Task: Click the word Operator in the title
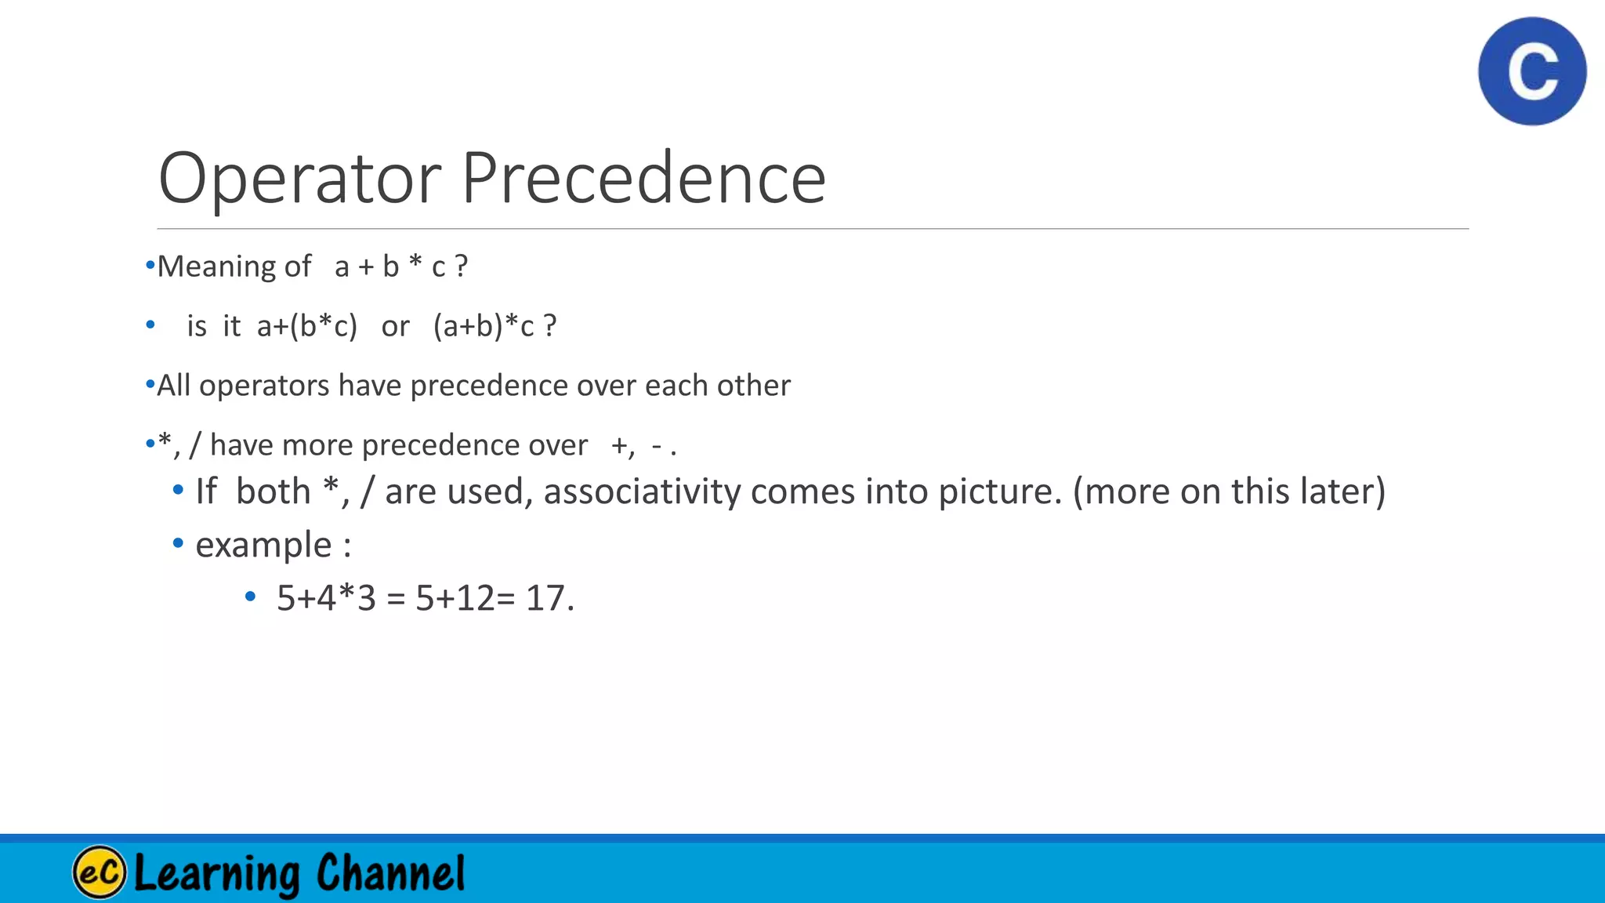click(x=299, y=179)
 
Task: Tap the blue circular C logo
click(x=1532, y=71)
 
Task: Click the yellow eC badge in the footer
click(x=100, y=872)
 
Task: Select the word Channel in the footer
click(x=390, y=872)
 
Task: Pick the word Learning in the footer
click(x=217, y=873)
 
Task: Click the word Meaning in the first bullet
click(x=217, y=267)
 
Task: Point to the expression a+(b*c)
click(x=306, y=326)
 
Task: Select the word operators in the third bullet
click(x=264, y=386)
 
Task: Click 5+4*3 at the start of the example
click(x=326, y=598)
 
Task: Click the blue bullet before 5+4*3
click(x=250, y=597)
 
